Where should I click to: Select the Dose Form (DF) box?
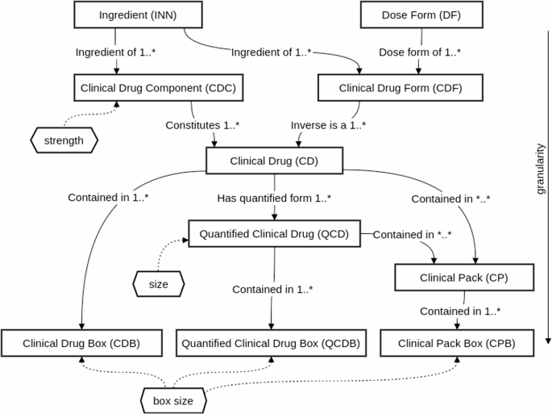pyautogui.click(x=409, y=15)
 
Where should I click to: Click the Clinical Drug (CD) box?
pyautogui.click(x=275, y=160)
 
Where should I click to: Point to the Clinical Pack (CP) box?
pyautogui.click(x=463, y=278)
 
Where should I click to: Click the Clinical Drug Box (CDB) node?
pyautogui.click(x=82, y=343)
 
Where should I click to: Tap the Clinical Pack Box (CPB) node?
pyautogui.click(x=457, y=343)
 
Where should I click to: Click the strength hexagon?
pyautogui.click(x=64, y=140)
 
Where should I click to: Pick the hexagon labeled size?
pyautogui.click(x=158, y=283)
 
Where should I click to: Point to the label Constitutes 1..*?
pyautogui.click(x=204, y=126)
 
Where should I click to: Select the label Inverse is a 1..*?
pyautogui.click(x=328, y=126)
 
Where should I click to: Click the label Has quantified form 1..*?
pyautogui.click(x=275, y=198)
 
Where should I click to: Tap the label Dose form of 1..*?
pyautogui.click(x=420, y=52)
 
